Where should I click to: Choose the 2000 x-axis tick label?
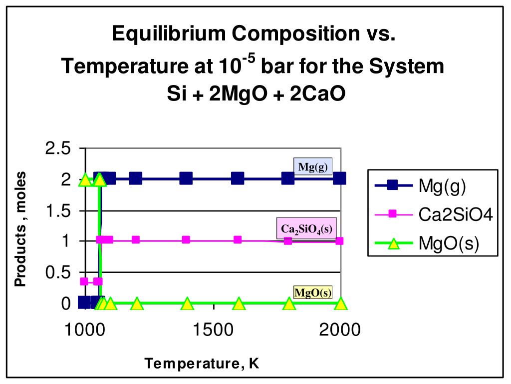339,330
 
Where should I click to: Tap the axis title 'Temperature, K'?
202,363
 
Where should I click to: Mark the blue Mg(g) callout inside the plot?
312,167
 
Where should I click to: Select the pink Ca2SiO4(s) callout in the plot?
306,229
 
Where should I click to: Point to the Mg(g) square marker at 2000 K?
339,178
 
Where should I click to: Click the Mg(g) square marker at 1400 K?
186,178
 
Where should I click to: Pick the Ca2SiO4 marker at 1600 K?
238,239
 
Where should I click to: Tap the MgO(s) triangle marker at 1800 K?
289,303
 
